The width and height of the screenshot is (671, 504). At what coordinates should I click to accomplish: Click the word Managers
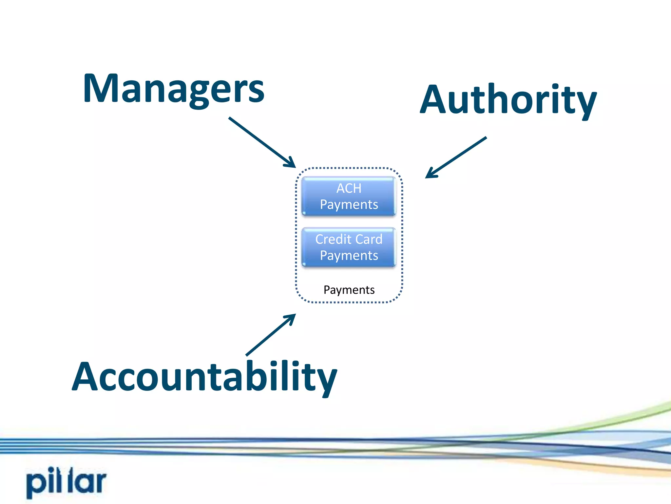(174, 89)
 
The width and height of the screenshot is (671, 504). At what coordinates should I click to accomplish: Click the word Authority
(508, 100)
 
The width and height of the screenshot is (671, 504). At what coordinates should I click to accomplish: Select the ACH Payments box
(349, 196)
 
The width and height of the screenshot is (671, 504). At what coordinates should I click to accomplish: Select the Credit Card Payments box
(349, 247)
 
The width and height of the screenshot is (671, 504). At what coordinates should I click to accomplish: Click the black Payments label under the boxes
(349, 290)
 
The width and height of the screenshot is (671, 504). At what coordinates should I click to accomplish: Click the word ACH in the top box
(349, 188)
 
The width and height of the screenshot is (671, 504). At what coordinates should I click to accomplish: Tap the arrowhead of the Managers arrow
(291, 163)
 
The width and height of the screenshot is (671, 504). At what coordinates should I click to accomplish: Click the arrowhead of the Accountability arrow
(291, 318)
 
